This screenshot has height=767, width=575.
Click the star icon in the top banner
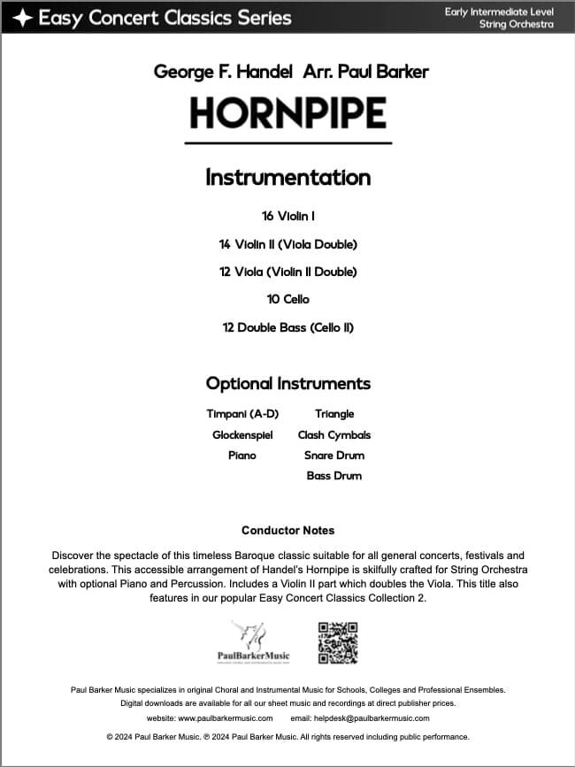[x=22, y=17]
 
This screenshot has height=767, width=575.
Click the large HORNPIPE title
[x=287, y=113]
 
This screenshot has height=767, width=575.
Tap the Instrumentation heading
[x=287, y=177]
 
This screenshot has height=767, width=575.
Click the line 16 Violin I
[x=287, y=216]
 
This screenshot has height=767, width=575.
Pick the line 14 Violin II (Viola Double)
[x=287, y=244]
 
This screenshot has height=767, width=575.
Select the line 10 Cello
[x=287, y=300]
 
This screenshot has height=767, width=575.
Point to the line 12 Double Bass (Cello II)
[x=287, y=327]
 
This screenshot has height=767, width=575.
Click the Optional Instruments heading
[x=287, y=383]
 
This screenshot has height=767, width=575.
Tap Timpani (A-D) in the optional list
[x=242, y=414]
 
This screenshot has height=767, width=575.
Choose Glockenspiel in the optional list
[x=242, y=434]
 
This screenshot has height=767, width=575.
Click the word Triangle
[x=334, y=414]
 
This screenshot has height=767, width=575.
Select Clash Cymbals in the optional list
[x=334, y=434]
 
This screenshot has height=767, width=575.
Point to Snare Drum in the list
[x=334, y=455]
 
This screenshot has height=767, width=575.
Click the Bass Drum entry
[x=334, y=476]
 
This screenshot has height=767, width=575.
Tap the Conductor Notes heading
[x=287, y=531]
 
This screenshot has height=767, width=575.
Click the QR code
[x=336, y=642]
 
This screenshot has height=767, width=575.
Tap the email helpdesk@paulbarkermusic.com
[x=372, y=718]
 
